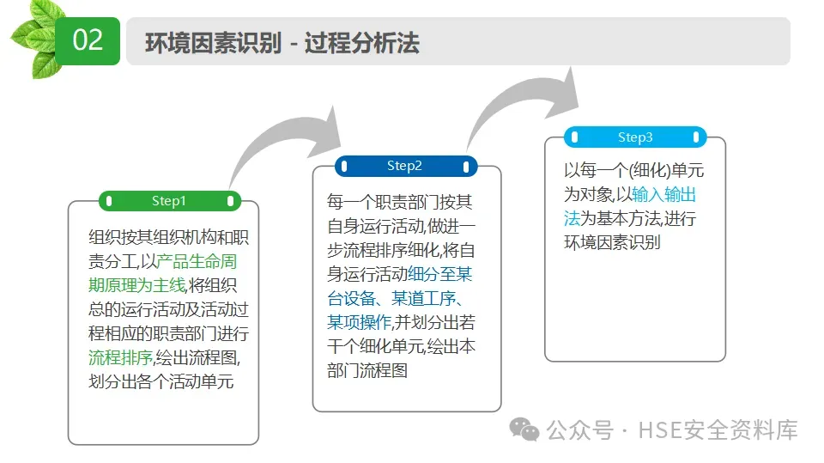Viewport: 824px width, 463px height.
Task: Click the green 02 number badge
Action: click(88, 40)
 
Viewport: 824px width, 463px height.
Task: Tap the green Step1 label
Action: click(169, 201)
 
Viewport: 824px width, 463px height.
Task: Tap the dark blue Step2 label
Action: click(405, 166)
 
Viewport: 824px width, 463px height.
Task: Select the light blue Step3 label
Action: click(635, 137)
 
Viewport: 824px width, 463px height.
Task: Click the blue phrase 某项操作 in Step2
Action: click(359, 323)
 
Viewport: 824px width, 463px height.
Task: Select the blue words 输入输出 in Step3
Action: click(664, 194)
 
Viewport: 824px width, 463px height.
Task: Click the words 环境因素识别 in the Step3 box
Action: click(612, 242)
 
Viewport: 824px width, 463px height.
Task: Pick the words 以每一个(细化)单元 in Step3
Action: click(633, 170)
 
